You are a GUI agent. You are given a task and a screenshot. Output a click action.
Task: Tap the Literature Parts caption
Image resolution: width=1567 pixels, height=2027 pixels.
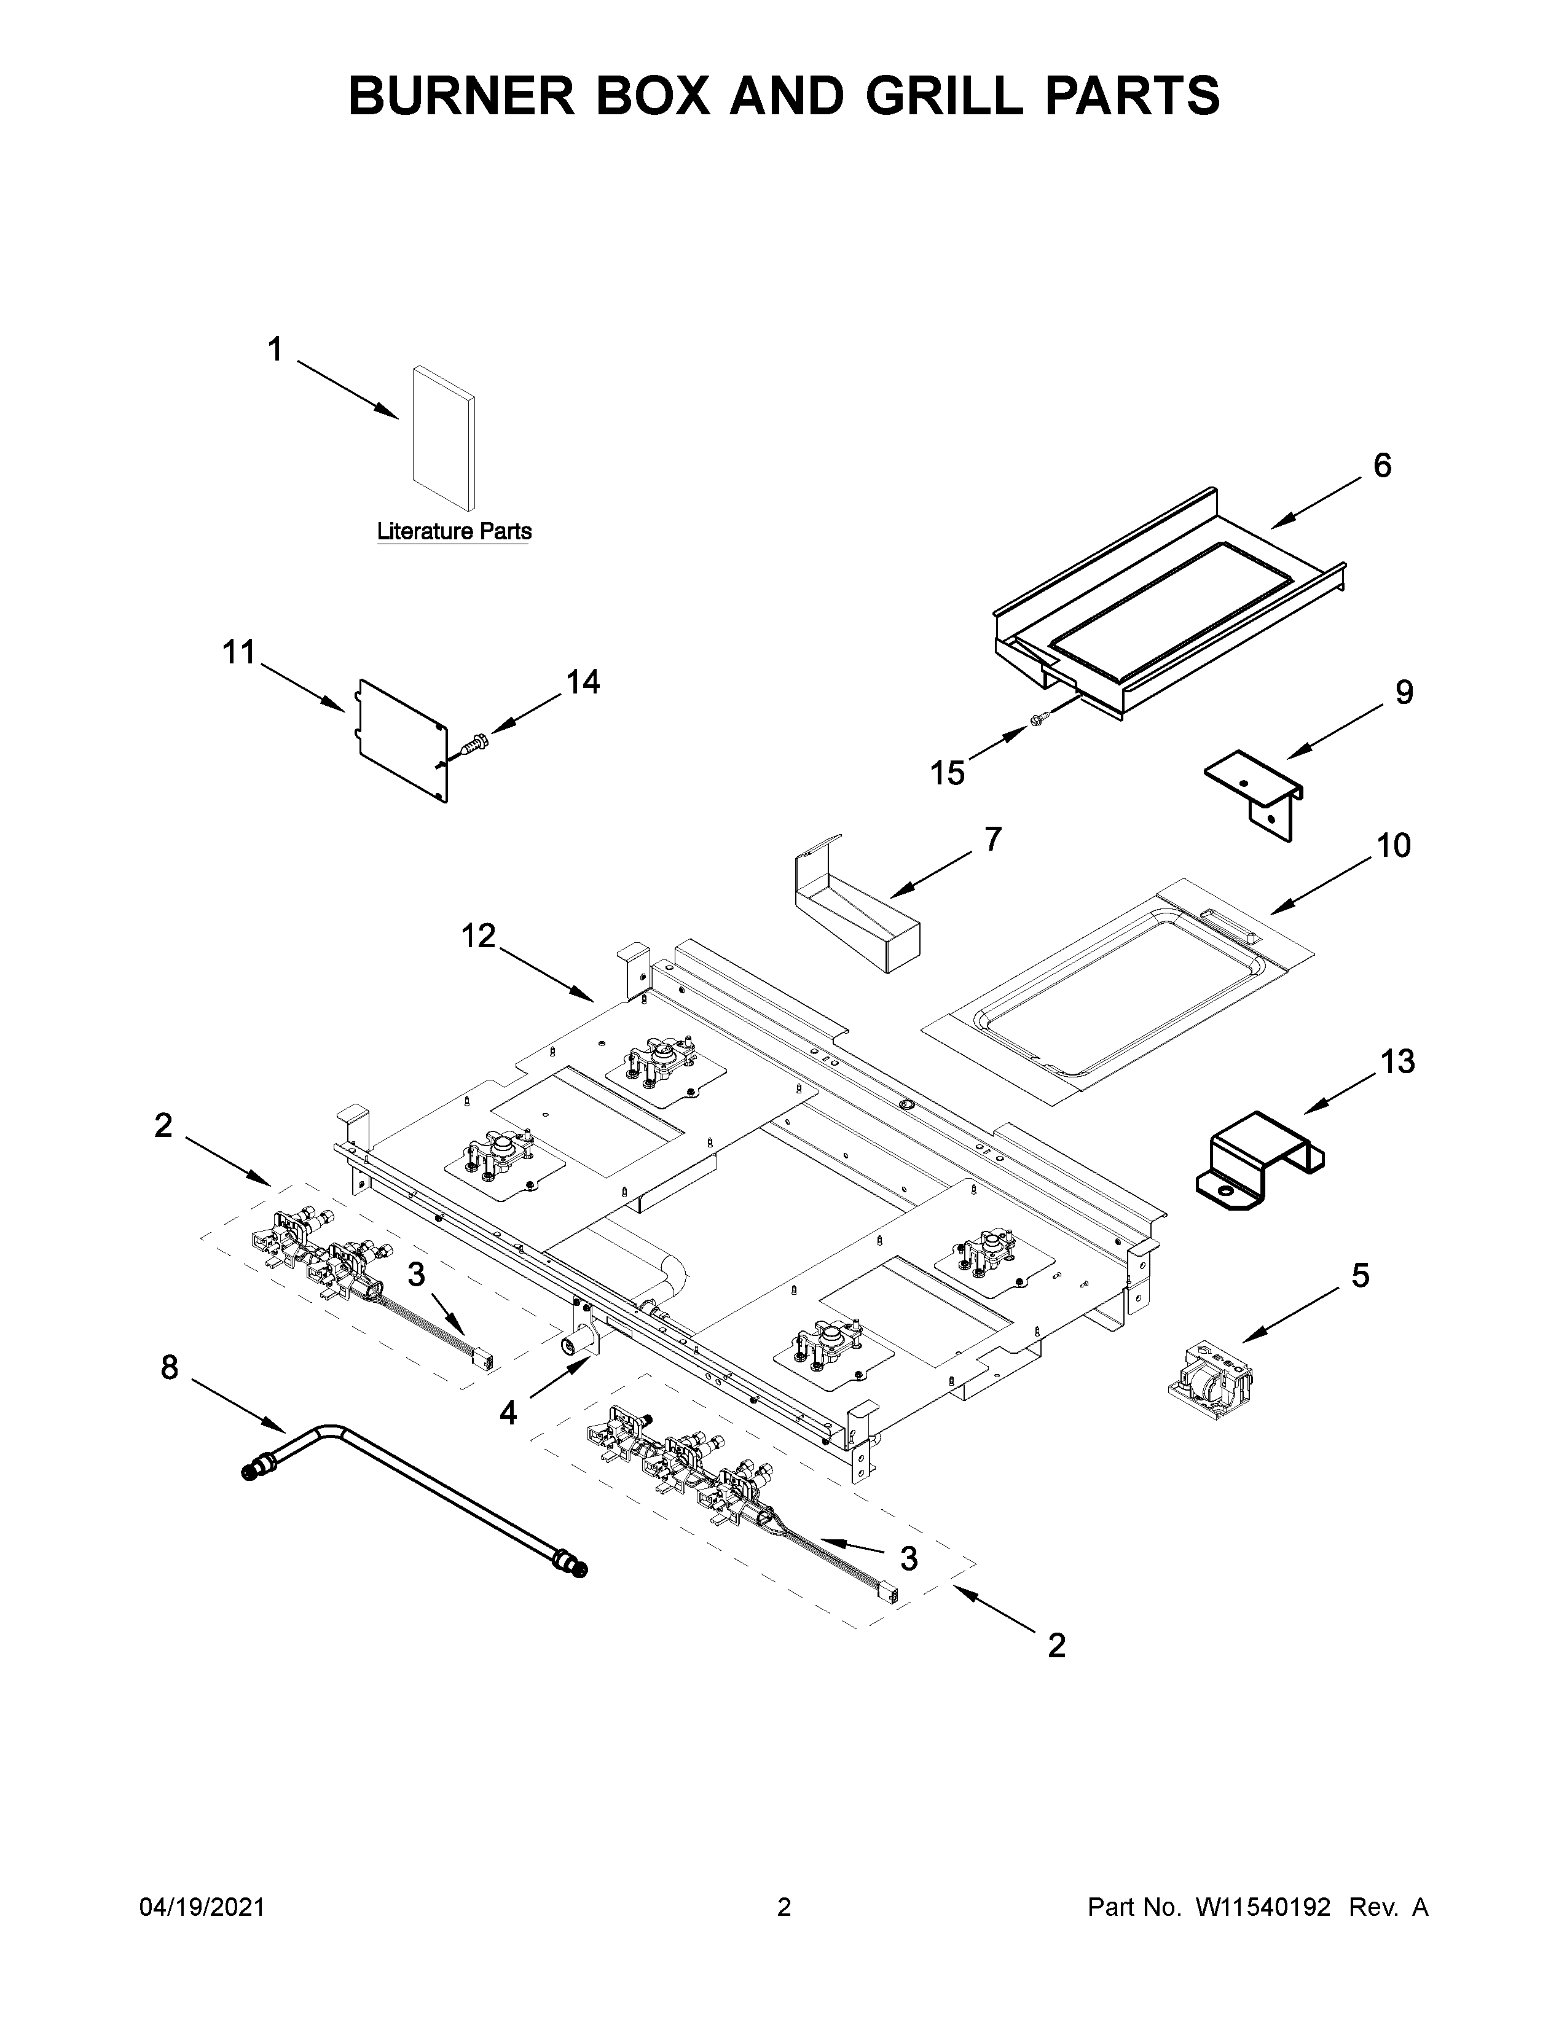tap(454, 532)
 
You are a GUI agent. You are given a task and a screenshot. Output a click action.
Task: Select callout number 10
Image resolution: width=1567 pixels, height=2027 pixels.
tap(1394, 846)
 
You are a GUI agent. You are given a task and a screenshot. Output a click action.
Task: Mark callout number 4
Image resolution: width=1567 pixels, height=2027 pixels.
tap(508, 1413)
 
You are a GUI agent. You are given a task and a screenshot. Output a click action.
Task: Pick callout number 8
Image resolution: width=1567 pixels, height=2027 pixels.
tap(169, 1367)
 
